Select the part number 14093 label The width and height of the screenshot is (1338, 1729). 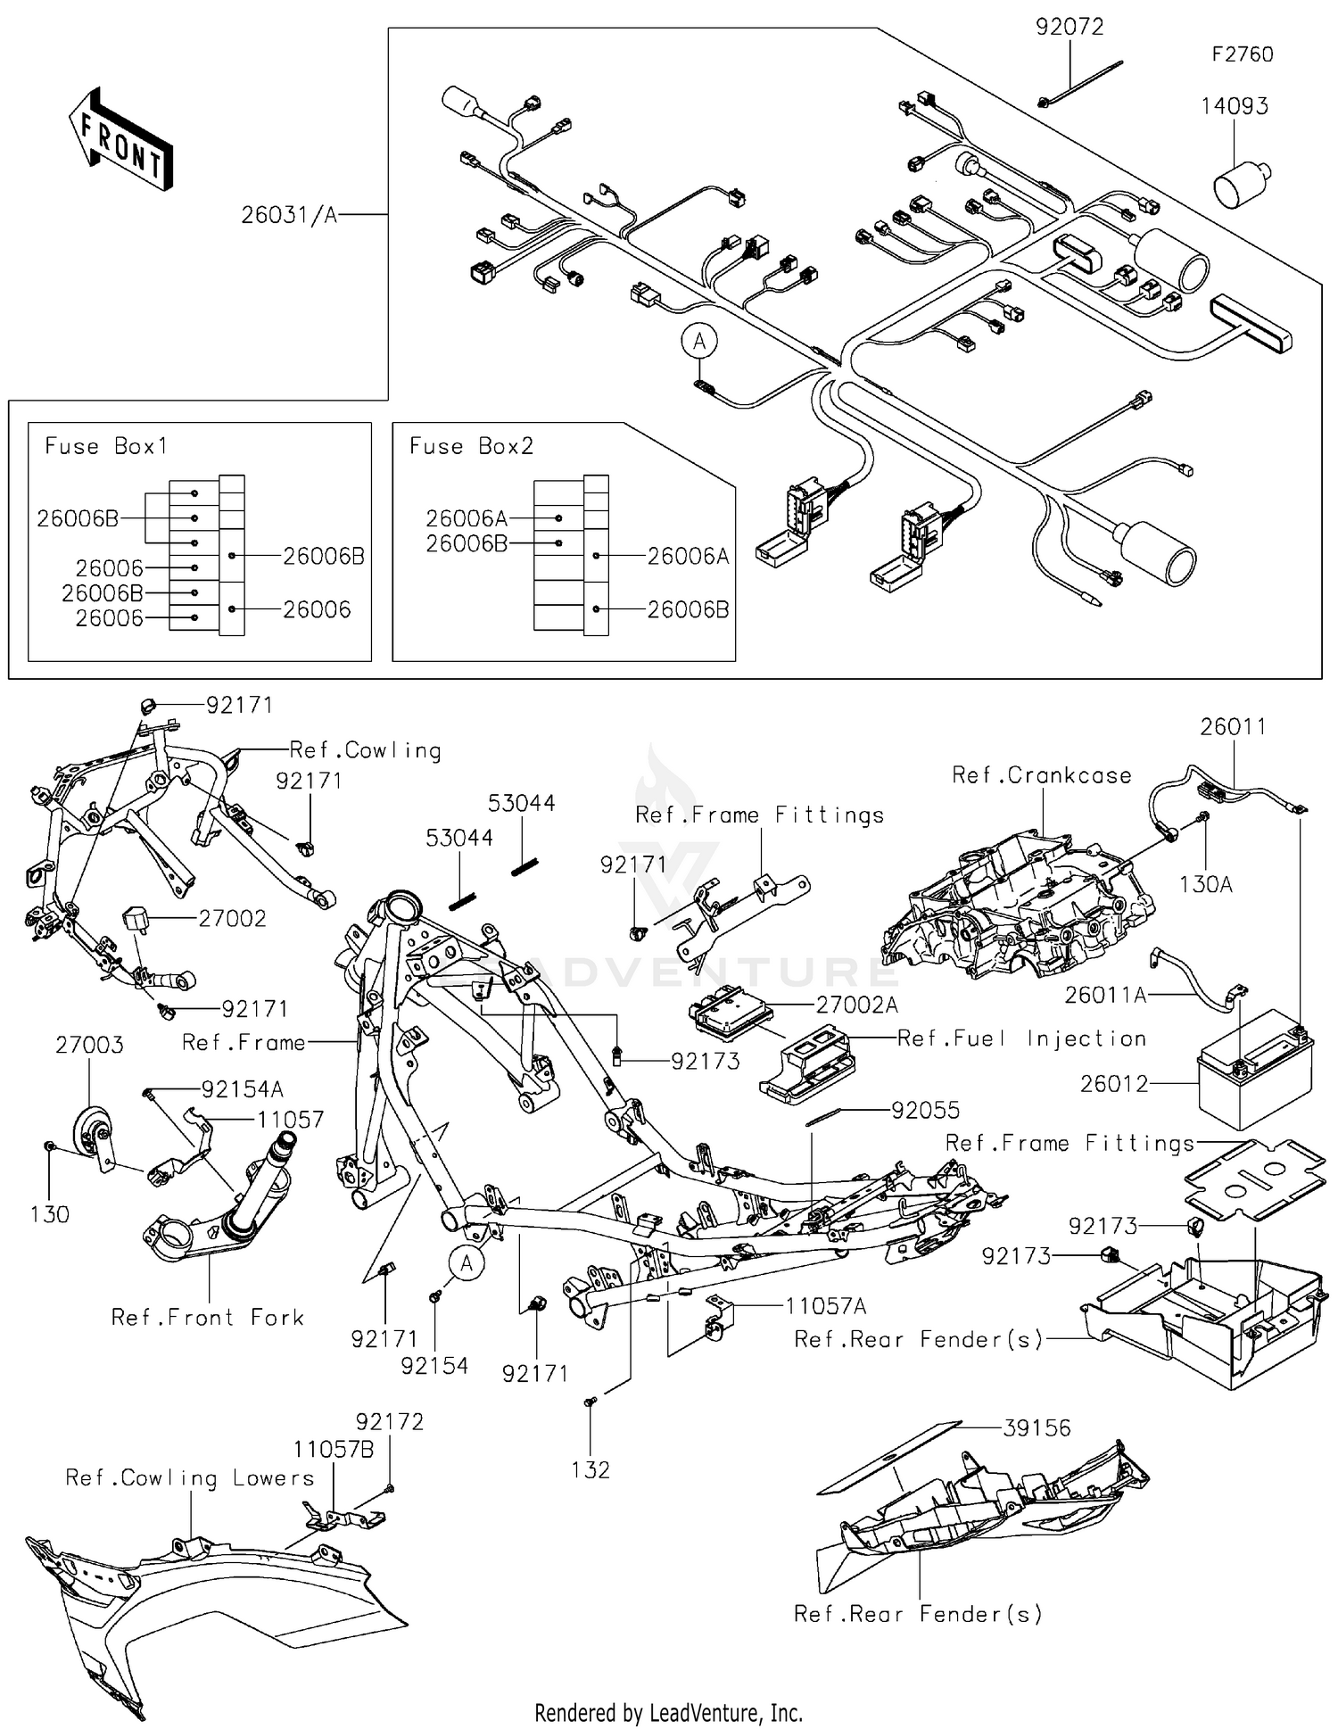click(1234, 106)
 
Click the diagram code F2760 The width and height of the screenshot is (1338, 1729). click(1242, 54)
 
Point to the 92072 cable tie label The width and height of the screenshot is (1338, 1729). click(1069, 27)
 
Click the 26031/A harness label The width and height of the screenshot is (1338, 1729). click(289, 215)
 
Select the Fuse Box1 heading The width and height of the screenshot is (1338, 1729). click(106, 446)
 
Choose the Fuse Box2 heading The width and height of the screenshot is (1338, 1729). click(471, 446)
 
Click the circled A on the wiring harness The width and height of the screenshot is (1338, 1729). click(700, 342)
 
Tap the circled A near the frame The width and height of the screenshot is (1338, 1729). click(467, 1262)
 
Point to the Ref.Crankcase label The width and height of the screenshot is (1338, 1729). click(1041, 775)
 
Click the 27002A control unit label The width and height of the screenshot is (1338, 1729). click(856, 1005)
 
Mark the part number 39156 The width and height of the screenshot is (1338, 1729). click(1037, 1428)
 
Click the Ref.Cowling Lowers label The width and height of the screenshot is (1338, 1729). click(190, 1478)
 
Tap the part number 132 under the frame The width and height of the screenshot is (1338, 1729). click(591, 1470)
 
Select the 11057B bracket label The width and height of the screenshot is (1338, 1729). click(334, 1449)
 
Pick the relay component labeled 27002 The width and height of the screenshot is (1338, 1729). click(136, 917)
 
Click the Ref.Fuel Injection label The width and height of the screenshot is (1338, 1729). click(1021, 1038)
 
